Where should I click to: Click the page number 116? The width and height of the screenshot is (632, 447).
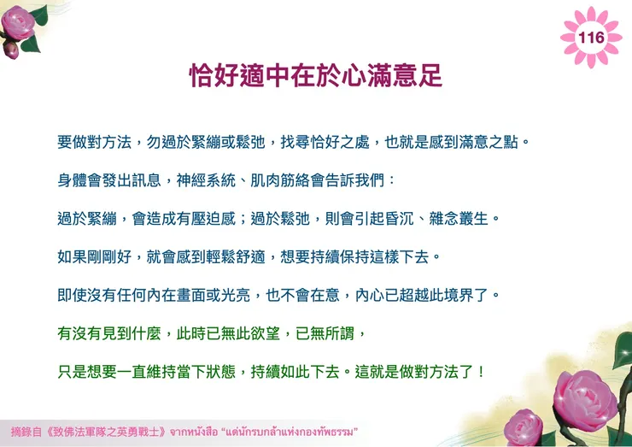(591, 38)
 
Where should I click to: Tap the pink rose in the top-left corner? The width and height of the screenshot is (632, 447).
(20, 23)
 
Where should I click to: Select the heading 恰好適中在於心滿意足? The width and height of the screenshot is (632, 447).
(316, 76)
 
